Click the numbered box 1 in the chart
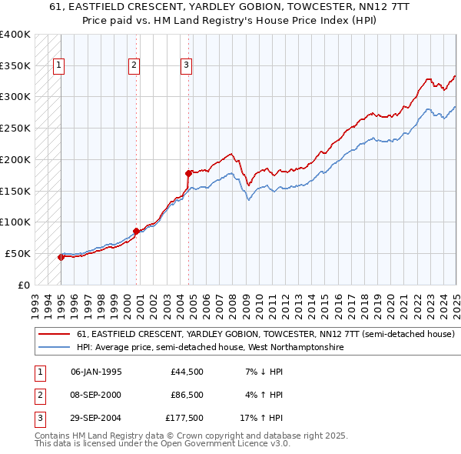tap(59, 66)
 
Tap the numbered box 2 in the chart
tap(134, 66)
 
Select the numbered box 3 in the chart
tap(187, 66)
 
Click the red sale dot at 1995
tap(61, 258)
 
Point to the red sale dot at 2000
tap(136, 231)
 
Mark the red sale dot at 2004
tap(188, 173)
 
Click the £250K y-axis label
tap(15, 128)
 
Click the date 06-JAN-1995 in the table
tap(96, 372)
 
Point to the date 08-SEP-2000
tap(96, 395)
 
